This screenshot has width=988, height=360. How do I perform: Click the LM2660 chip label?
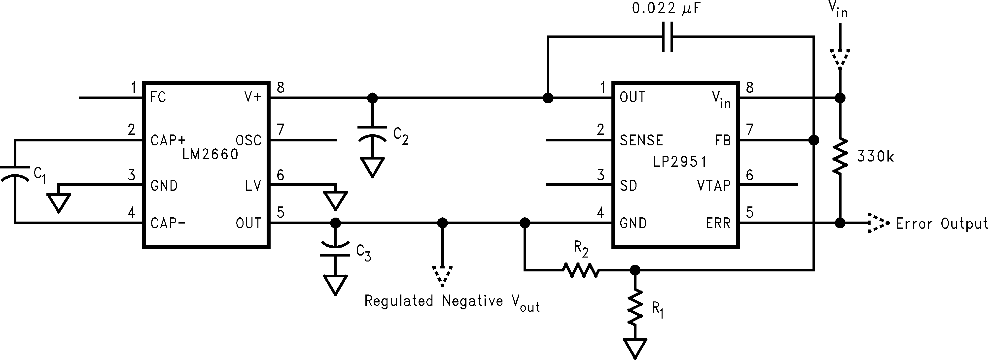[210, 155]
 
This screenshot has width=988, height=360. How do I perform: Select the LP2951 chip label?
[680, 162]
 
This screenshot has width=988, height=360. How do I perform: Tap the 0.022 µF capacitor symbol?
[667, 37]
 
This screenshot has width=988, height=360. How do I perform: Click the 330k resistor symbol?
[840, 156]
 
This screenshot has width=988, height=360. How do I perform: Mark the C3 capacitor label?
[363, 253]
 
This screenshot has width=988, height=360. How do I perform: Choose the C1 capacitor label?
[40, 175]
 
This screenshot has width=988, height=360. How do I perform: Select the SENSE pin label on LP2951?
[641, 140]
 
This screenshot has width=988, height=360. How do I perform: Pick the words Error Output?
[942, 224]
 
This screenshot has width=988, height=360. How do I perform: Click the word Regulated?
[398, 301]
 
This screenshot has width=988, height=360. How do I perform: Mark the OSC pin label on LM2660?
[248, 140]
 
